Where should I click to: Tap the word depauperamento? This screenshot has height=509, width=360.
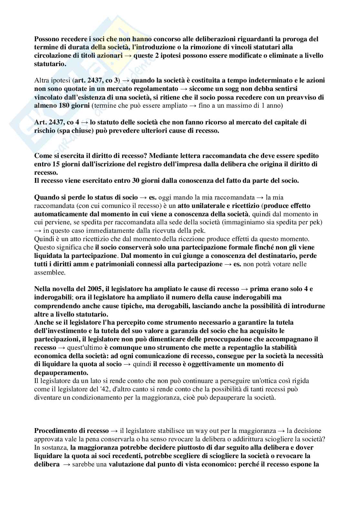click(x=61, y=372)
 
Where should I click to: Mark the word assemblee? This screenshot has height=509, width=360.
click(x=50, y=272)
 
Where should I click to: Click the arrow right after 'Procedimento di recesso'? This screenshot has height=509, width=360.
click(x=114, y=431)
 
